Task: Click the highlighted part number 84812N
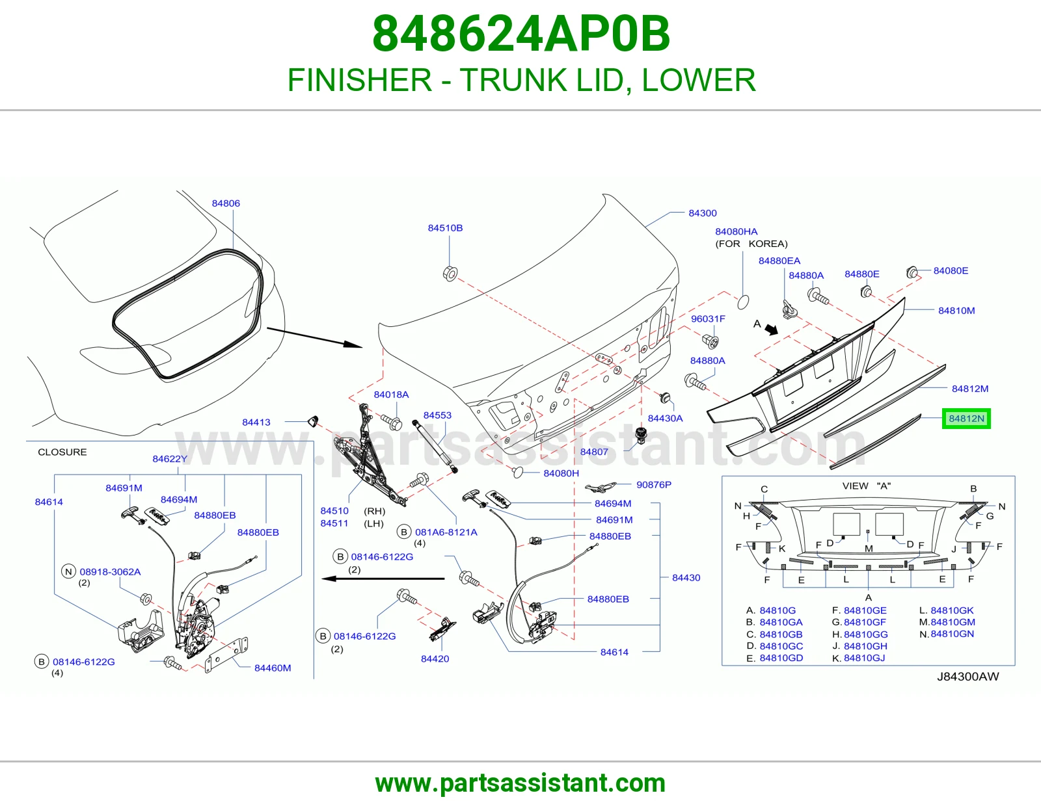[966, 419]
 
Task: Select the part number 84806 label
[226, 203]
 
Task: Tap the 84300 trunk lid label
[702, 213]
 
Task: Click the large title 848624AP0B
[520, 34]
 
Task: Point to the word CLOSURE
[62, 452]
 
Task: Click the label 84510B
[445, 227]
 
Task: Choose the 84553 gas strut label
[437, 415]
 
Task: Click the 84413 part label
[256, 422]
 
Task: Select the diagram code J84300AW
[968, 677]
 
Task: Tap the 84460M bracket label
[273, 668]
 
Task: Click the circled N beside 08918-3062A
[68, 571]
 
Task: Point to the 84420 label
[435, 658]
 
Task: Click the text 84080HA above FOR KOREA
[737, 231]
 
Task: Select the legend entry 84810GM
[953, 622]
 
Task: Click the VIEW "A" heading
[867, 486]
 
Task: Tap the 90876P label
[654, 485]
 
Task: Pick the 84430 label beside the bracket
[686, 578]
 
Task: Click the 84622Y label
[170, 459]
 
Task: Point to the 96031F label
[708, 318]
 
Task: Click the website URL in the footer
[520, 783]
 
